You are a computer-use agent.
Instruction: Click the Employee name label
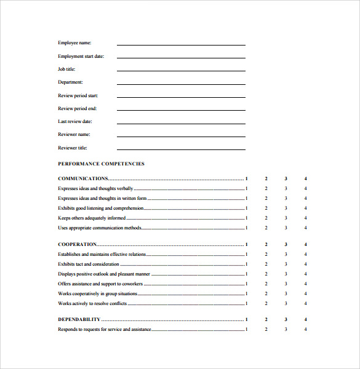click(x=74, y=43)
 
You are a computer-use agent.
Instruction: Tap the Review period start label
click(x=78, y=95)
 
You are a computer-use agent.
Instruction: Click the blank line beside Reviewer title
click(x=181, y=149)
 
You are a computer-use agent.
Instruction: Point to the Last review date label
click(x=75, y=122)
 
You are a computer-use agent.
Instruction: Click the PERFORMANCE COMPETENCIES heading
click(x=101, y=164)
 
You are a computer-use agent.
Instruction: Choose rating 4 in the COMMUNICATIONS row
click(x=305, y=178)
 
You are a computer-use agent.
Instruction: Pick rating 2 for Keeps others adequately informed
click(x=266, y=218)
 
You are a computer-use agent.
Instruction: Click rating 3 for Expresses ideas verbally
click(x=286, y=188)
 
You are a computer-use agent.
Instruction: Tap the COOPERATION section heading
click(x=77, y=244)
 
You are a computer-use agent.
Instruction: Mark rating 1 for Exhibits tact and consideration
click(x=246, y=264)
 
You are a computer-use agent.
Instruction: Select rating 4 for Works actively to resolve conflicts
click(x=305, y=303)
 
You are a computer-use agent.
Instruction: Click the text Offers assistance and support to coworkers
click(x=100, y=284)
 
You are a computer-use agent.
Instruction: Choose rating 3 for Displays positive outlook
click(x=286, y=274)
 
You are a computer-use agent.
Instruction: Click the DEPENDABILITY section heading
click(x=79, y=320)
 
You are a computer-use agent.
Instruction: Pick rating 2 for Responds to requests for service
click(x=266, y=330)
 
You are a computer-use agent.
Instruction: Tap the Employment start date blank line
click(x=181, y=58)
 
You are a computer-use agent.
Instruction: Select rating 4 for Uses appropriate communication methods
click(x=305, y=228)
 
